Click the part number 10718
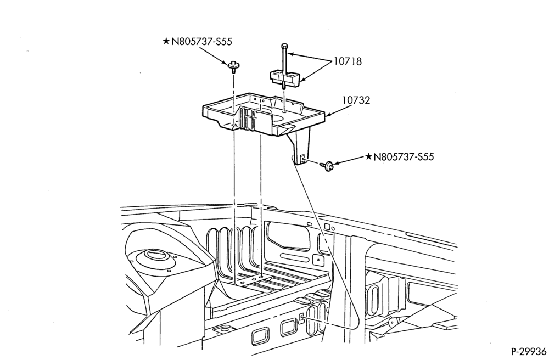[x=348, y=61]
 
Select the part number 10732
[x=356, y=100]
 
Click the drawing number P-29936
[x=528, y=351]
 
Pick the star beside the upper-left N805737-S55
[x=166, y=41]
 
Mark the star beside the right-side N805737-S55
[x=368, y=156]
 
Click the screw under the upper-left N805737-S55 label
[x=232, y=66]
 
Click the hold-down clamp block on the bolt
[x=284, y=78]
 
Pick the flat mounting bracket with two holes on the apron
[x=254, y=279]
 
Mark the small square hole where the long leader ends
[x=301, y=318]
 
